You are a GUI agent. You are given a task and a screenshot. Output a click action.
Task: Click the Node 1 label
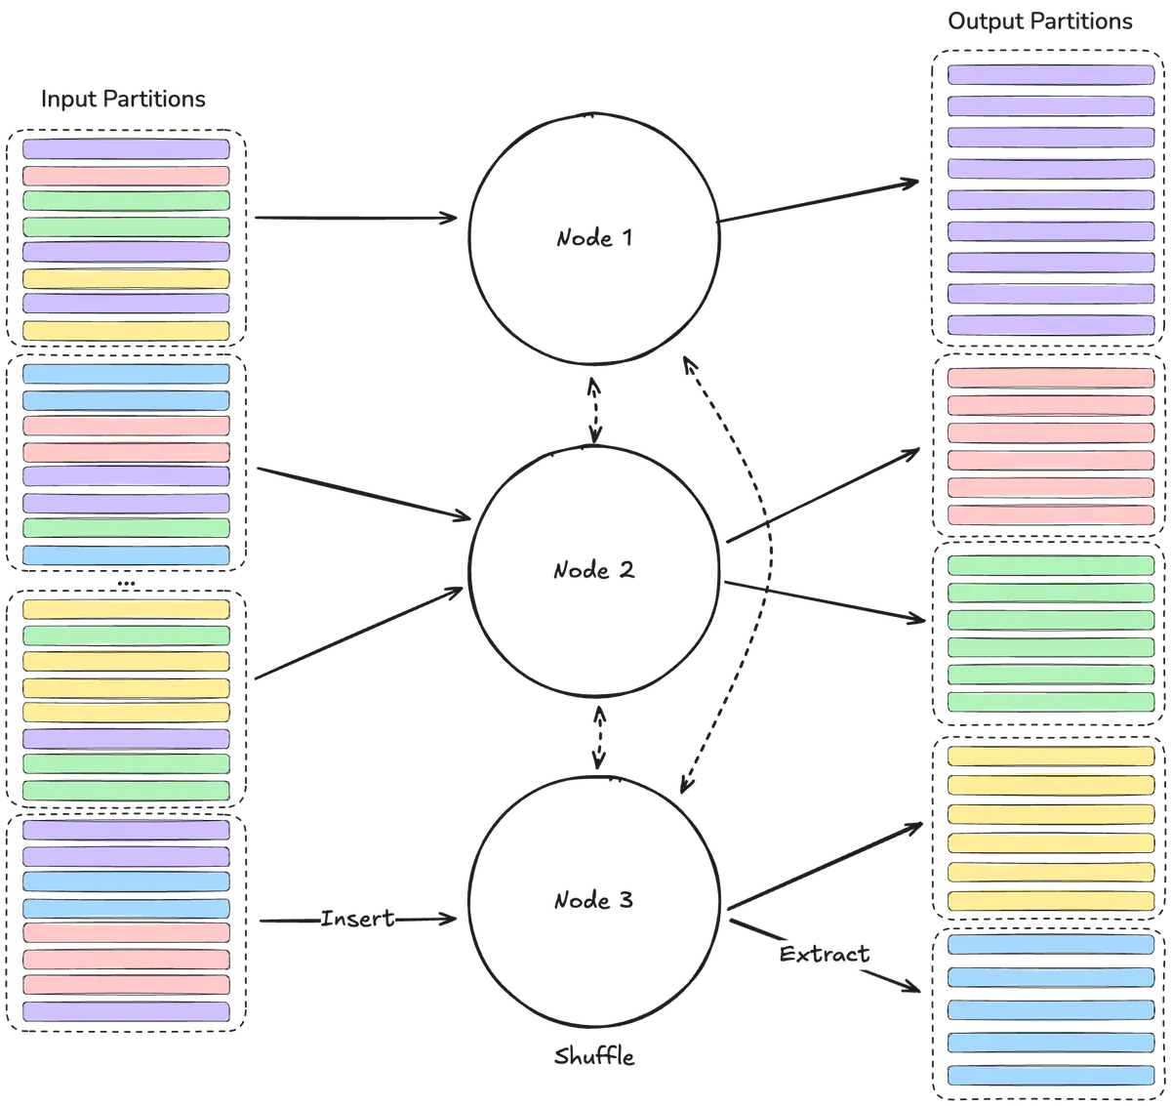click(x=593, y=238)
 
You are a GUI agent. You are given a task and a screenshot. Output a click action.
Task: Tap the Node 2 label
click(x=593, y=570)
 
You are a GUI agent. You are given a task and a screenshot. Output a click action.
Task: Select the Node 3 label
click(x=593, y=900)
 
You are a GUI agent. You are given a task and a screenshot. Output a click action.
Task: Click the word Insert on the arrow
click(x=357, y=919)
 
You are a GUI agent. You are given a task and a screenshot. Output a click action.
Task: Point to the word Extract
click(x=824, y=954)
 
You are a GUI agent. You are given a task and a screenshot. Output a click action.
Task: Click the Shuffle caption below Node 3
click(x=594, y=1056)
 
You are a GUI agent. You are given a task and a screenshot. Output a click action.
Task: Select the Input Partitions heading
click(x=123, y=99)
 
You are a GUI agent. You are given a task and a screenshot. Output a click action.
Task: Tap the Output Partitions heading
click(x=1039, y=21)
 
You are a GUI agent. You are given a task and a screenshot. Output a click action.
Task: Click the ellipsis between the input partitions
click(x=126, y=584)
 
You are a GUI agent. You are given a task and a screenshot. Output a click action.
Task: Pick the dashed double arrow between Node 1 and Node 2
click(x=594, y=410)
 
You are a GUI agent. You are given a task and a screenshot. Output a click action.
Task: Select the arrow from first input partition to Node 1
click(x=355, y=218)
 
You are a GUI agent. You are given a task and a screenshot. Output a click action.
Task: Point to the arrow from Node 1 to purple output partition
click(x=818, y=201)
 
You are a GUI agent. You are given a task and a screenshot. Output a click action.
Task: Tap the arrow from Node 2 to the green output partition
click(x=825, y=600)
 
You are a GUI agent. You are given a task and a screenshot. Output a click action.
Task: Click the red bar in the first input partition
click(x=126, y=176)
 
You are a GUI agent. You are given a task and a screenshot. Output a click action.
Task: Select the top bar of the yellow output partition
click(x=1051, y=757)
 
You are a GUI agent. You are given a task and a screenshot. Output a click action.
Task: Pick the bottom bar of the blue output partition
click(x=1051, y=1075)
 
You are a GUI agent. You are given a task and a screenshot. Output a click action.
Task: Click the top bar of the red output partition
click(x=1051, y=378)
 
